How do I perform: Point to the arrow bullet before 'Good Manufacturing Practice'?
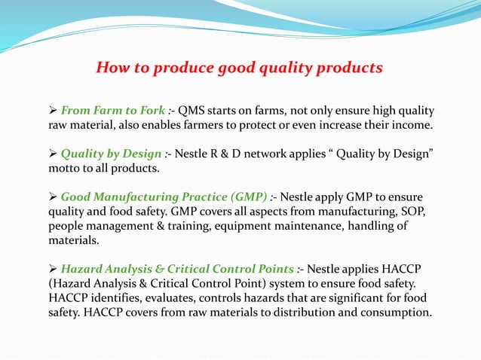click(53, 197)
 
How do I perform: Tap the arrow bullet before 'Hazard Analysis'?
click(53, 268)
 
